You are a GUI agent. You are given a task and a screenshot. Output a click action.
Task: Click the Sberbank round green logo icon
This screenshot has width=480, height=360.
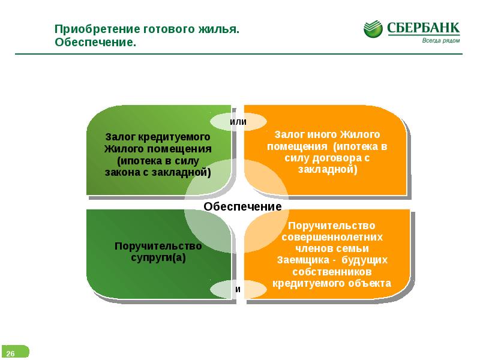pyautogui.click(x=373, y=29)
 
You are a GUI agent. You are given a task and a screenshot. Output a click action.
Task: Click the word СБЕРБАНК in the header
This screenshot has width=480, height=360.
pyautogui.click(x=423, y=28)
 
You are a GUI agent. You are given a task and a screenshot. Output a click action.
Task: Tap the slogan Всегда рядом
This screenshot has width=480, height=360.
pyautogui.click(x=441, y=40)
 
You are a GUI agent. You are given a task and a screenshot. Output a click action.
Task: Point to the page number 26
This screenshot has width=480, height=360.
pyautogui.click(x=10, y=353)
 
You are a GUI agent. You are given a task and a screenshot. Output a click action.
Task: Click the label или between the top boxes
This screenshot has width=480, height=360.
pyautogui.click(x=238, y=122)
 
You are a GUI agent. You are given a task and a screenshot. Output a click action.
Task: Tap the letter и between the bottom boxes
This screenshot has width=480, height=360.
pyautogui.click(x=238, y=289)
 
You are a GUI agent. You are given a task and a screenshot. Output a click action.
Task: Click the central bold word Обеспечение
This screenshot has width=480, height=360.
pyautogui.click(x=242, y=206)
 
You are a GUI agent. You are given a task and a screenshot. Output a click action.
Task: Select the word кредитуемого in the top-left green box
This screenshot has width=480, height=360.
pyautogui.click(x=174, y=137)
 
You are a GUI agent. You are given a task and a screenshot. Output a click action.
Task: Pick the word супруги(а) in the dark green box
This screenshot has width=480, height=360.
pyautogui.click(x=158, y=258)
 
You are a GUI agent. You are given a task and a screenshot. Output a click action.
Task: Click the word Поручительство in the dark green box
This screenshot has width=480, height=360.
pyautogui.click(x=158, y=246)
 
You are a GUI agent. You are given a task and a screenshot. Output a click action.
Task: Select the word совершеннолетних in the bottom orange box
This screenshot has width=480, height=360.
pyautogui.click(x=332, y=237)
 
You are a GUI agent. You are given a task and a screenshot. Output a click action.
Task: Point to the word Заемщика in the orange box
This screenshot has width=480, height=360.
pyautogui.click(x=303, y=260)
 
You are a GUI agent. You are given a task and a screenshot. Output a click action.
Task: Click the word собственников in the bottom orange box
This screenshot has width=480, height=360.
pyautogui.click(x=332, y=272)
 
